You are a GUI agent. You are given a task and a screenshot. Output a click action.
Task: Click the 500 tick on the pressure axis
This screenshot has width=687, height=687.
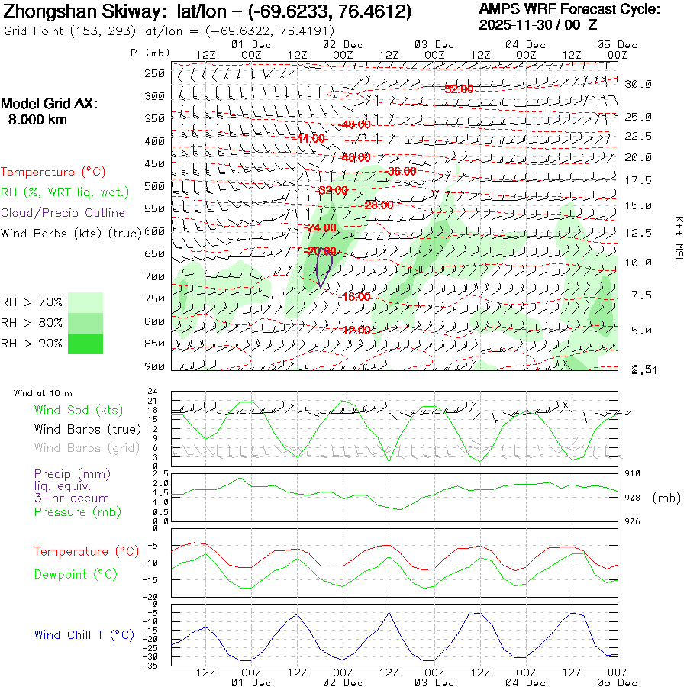[x=155, y=185]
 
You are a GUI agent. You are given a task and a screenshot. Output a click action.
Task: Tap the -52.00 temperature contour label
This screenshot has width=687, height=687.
[x=459, y=89]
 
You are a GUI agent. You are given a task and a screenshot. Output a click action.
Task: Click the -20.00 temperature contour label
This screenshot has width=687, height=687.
[x=321, y=251]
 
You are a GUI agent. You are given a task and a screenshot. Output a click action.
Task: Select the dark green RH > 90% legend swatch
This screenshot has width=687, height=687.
[x=85, y=343]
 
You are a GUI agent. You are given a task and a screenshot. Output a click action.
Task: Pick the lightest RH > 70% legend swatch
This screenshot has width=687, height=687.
[x=85, y=302]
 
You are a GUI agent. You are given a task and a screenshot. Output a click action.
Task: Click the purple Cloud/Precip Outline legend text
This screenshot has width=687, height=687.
[x=63, y=212]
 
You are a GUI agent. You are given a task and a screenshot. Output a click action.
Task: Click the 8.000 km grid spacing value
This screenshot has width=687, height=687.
[x=37, y=120]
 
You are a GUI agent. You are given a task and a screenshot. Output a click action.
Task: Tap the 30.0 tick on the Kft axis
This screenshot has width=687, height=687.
[x=638, y=84]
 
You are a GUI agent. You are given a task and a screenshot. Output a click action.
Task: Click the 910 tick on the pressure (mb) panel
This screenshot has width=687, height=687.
[x=633, y=474]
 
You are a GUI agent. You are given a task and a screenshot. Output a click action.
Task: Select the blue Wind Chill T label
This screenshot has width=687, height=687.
[x=84, y=634]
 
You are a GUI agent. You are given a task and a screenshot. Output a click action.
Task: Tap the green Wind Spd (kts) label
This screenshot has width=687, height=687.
[x=79, y=411]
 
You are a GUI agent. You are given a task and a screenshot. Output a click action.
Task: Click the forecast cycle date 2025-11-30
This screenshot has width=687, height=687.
[x=518, y=24]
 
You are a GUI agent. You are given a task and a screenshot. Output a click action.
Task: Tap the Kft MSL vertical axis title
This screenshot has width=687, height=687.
[x=677, y=239]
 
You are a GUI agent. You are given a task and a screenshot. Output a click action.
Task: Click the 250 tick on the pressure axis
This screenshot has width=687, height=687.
[x=155, y=73]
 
